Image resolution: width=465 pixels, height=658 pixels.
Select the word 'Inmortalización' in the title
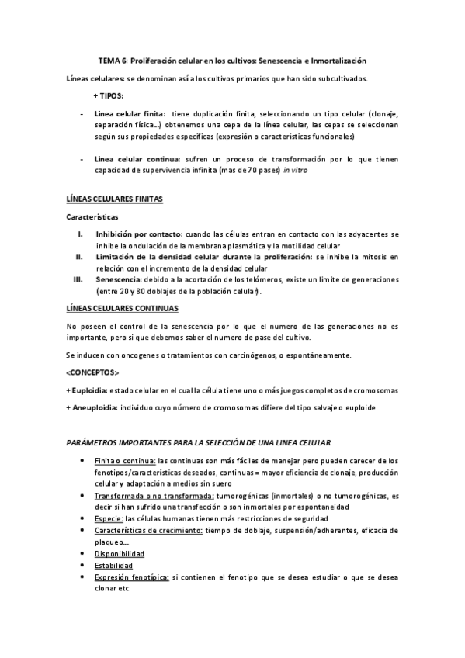[x=338, y=60]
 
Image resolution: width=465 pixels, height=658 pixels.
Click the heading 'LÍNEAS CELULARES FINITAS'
[x=114, y=199]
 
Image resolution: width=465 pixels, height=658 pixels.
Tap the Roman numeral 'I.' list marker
[x=80, y=234]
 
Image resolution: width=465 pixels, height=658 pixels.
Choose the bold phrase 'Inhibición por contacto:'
[x=139, y=234]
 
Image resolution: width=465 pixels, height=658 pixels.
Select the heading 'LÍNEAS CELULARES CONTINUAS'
[x=120, y=308]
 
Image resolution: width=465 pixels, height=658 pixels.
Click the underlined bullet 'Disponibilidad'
[x=119, y=553]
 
